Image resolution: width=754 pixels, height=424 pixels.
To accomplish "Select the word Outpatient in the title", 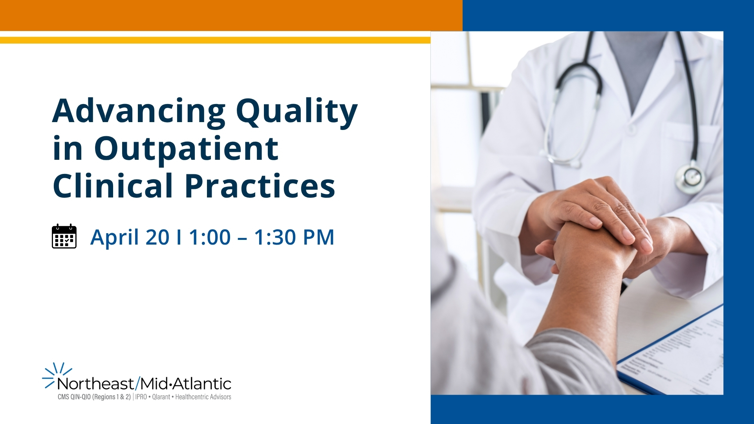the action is coord(186,150).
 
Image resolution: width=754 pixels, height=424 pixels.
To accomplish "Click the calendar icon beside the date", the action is coord(64,236).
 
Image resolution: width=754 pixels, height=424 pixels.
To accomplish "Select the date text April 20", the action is coord(130,238).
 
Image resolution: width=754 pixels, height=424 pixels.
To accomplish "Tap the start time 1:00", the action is coord(210,238).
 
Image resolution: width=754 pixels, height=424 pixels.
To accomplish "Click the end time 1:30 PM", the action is coord(294,238).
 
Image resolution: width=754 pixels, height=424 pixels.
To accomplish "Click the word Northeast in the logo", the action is coord(95,384).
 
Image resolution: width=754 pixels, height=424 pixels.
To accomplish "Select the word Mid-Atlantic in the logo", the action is coord(186,384).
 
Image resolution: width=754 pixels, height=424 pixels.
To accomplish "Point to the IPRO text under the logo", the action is coord(141,397).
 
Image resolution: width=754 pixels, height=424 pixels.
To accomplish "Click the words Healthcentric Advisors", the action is coord(203,397).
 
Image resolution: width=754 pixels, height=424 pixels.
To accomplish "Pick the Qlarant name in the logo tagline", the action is coord(161,397).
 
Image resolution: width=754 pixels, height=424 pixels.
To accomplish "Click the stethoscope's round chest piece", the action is coord(690,177).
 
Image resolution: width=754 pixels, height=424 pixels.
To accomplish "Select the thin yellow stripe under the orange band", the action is coord(215,40).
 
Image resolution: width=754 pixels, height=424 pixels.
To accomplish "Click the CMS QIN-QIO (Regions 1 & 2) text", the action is coord(94,397).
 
